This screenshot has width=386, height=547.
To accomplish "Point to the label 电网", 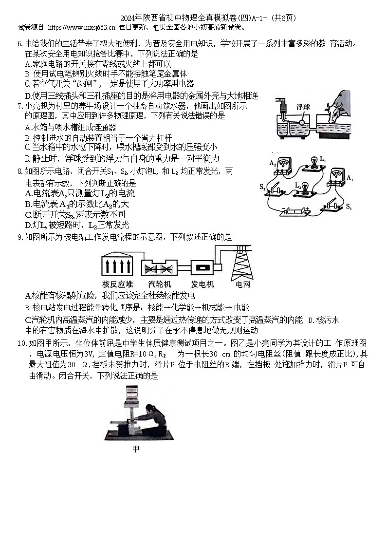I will (x=242, y=284).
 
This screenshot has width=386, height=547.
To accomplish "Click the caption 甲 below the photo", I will (x=136, y=449).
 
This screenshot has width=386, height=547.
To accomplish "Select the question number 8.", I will (x=20, y=171).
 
